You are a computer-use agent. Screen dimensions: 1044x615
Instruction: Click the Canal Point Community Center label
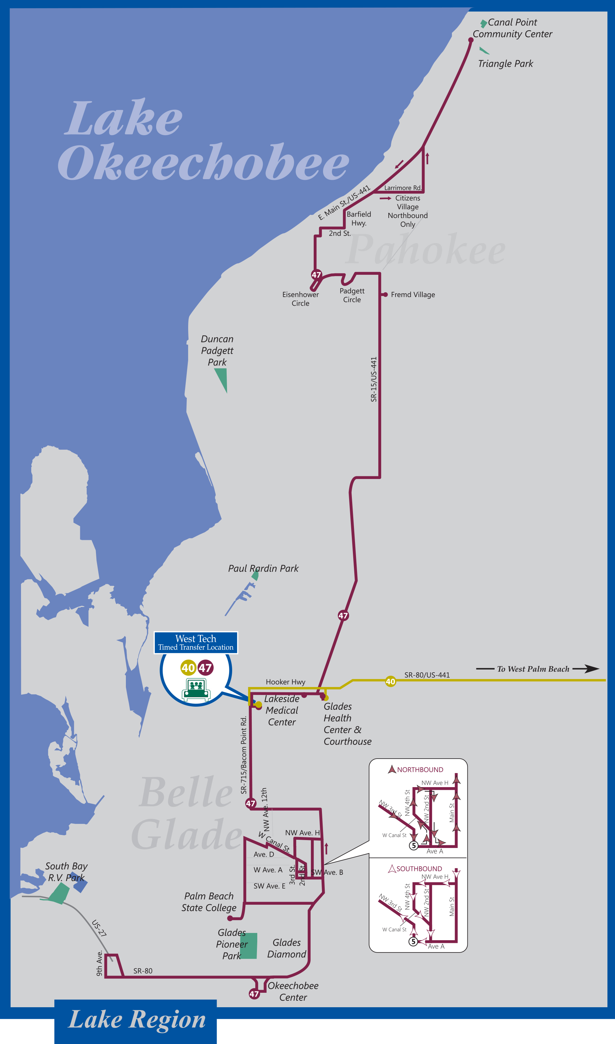click(x=512, y=28)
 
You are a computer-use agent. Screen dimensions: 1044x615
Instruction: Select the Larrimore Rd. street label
click(x=402, y=188)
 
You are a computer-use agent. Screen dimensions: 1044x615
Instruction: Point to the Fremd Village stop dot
click(x=385, y=295)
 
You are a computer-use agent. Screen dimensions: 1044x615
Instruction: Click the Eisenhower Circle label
click(x=301, y=299)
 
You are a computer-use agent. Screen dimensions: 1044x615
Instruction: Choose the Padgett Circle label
click(x=352, y=295)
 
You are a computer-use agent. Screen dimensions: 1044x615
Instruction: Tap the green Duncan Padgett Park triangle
click(x=222, y=378)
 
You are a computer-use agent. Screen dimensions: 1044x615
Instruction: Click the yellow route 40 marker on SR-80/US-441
click(x=390, y=682)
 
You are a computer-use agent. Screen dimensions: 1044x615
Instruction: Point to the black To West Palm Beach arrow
click(x=585, y=668)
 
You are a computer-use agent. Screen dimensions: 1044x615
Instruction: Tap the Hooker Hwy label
click(x=285, y=682)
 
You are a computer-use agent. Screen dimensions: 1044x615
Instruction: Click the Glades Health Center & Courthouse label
click(x=347, y=724)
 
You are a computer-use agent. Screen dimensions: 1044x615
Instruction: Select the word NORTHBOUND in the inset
click(x=420, y=770)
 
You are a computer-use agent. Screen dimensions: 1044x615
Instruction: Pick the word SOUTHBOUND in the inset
click(x=419, y=869)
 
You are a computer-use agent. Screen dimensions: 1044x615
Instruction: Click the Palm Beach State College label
click(x=208, y=902)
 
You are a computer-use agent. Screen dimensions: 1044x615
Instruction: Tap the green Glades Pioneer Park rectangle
click(x=249, y=946)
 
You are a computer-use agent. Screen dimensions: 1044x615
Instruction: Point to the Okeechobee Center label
click(x=293, y=991)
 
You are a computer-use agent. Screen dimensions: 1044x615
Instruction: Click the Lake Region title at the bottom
click(x=137, y=1020)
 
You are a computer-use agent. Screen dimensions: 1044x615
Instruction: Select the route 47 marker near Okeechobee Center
click(x=254, y=994)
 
